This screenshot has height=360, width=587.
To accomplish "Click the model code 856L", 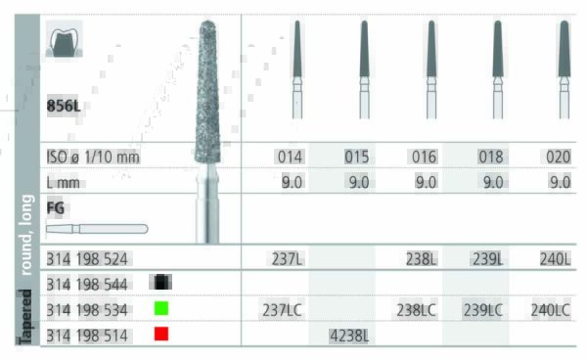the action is pos(64,107).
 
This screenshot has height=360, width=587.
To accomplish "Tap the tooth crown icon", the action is pos(64,39).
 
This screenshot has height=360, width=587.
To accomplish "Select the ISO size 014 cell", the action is pos(290,157).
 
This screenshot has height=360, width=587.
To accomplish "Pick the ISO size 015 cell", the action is pos(357,157).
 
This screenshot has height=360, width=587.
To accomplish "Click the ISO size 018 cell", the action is pos(491,157).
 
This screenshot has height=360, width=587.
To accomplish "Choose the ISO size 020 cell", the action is pos(558,157).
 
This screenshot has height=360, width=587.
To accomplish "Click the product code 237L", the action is pos(287,259).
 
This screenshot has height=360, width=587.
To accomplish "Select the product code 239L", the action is pos(488,259).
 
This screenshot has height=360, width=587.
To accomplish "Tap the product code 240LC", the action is pos(550,310).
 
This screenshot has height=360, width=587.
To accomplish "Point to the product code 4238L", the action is pos(349,336).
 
